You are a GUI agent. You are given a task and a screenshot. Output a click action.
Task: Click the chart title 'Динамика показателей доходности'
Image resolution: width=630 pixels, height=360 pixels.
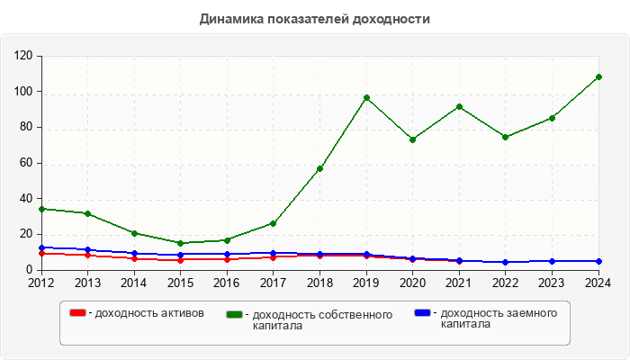pyautogui.click(x=314, y=19)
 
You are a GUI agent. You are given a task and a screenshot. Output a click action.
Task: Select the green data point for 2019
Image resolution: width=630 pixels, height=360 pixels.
pyautogui.click(x=366, y=98)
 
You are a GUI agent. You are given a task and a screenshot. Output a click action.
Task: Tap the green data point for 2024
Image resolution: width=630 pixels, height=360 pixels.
pyautogui.click(x=598, y=77)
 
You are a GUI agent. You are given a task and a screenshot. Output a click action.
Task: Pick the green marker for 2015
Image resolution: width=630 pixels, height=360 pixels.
pyautogui.click(x=180, y=243)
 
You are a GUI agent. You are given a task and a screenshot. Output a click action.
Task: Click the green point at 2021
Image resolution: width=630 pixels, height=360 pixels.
pyautogui.click(x=459, y=106)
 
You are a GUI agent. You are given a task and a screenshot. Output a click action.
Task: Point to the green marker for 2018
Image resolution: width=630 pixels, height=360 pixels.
pyautogui.click(x=319, y=168)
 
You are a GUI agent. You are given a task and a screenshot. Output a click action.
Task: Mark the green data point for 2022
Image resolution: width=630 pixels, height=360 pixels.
pyautogui.click(x=506, y=137)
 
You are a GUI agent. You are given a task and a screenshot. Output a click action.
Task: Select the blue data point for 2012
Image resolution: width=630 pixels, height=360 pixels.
pyautogui.click(x=41, y=247)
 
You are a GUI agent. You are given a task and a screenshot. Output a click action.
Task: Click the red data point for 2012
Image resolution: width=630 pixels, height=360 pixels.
pyautogui.click(x=41, y=254)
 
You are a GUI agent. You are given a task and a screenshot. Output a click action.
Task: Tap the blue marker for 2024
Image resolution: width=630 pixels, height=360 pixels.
pyautogui.click(x=598, y=261)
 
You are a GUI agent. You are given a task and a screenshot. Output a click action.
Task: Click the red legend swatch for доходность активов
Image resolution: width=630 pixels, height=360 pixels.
pyautogui.click(x=77, y=313)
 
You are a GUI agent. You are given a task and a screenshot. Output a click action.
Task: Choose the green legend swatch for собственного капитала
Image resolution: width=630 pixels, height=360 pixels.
pyautogui.click(x=235, y=314)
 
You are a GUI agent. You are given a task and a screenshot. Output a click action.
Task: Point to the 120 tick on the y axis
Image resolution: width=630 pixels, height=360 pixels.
pyautogui.click(x=23, y=56)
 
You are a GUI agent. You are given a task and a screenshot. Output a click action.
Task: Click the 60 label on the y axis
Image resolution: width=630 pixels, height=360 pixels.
pyautogui.click(x=26, y=163)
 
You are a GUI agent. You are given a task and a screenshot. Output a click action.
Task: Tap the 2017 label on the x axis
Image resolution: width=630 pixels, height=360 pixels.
pyautogui.click(x=274, y=283)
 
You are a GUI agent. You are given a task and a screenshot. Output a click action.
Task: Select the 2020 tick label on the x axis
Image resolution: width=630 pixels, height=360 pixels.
pyautogui.click(x=413, y=283)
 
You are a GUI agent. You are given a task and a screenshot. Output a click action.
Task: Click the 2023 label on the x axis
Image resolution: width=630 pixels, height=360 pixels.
pyautogui.click(x=553, y=283)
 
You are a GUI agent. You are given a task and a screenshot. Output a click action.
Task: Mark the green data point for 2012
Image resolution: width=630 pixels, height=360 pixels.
pyautogui.click(x=41, y=209)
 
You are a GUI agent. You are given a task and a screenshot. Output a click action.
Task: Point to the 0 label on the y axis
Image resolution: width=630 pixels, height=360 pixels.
pyautogui.click(x=30, y=270)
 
